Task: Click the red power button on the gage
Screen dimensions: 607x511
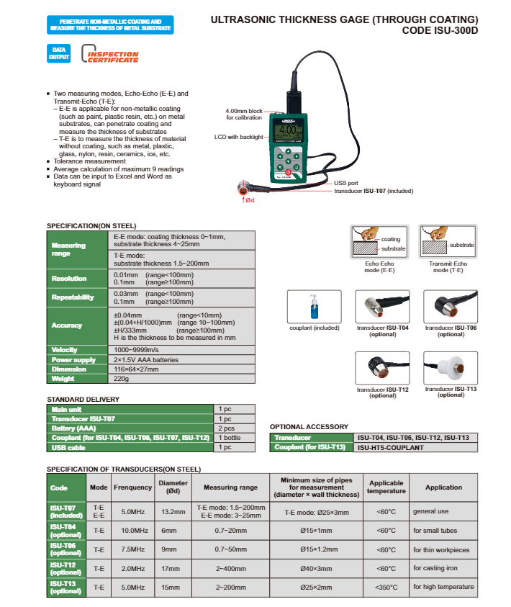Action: point(288,172)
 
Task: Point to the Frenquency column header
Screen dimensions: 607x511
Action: point(132,487)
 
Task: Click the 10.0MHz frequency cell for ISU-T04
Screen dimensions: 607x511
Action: point(132,531)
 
